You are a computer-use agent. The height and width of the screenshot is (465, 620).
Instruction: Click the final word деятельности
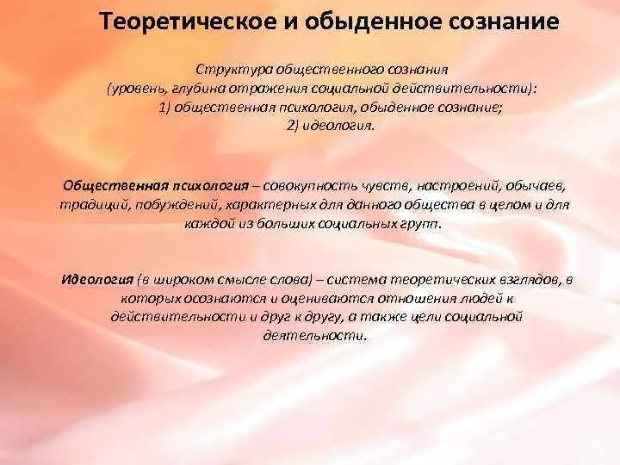[x=314, y=336]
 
